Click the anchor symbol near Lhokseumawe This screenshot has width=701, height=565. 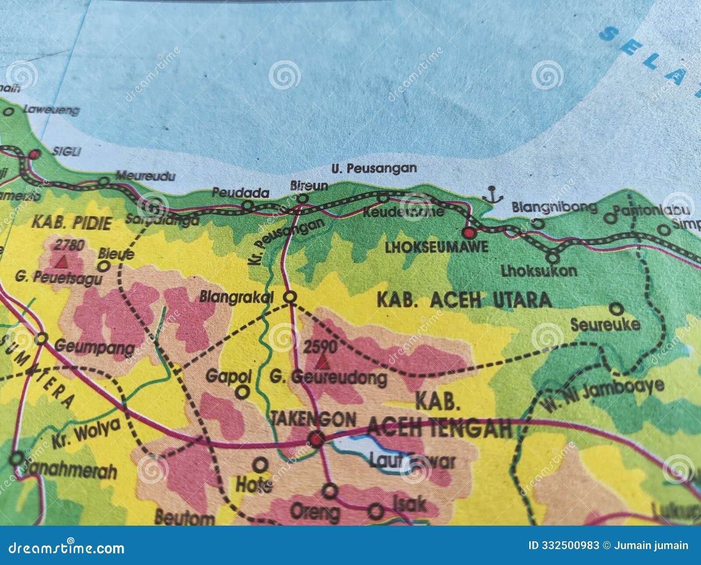tap(492, 194)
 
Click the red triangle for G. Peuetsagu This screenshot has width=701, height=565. tap(62, 262)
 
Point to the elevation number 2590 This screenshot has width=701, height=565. tap(320, 347)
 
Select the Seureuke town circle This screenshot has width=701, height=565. tap(616, 309)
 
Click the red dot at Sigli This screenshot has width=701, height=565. tap(35, 154)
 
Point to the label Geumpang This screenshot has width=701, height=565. tap(95, 348)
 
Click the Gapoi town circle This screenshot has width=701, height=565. tap(242, 392)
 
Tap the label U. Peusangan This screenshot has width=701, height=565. tap(374, 168)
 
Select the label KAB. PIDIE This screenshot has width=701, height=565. tap(71, 223)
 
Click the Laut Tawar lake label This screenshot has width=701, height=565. tap(412, 461)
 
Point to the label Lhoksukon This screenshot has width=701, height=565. tap(539, 271)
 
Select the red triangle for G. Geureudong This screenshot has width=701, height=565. tap(323, 362)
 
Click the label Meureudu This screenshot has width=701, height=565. tap(145, 176)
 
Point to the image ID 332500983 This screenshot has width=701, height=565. tap(563, 545)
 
